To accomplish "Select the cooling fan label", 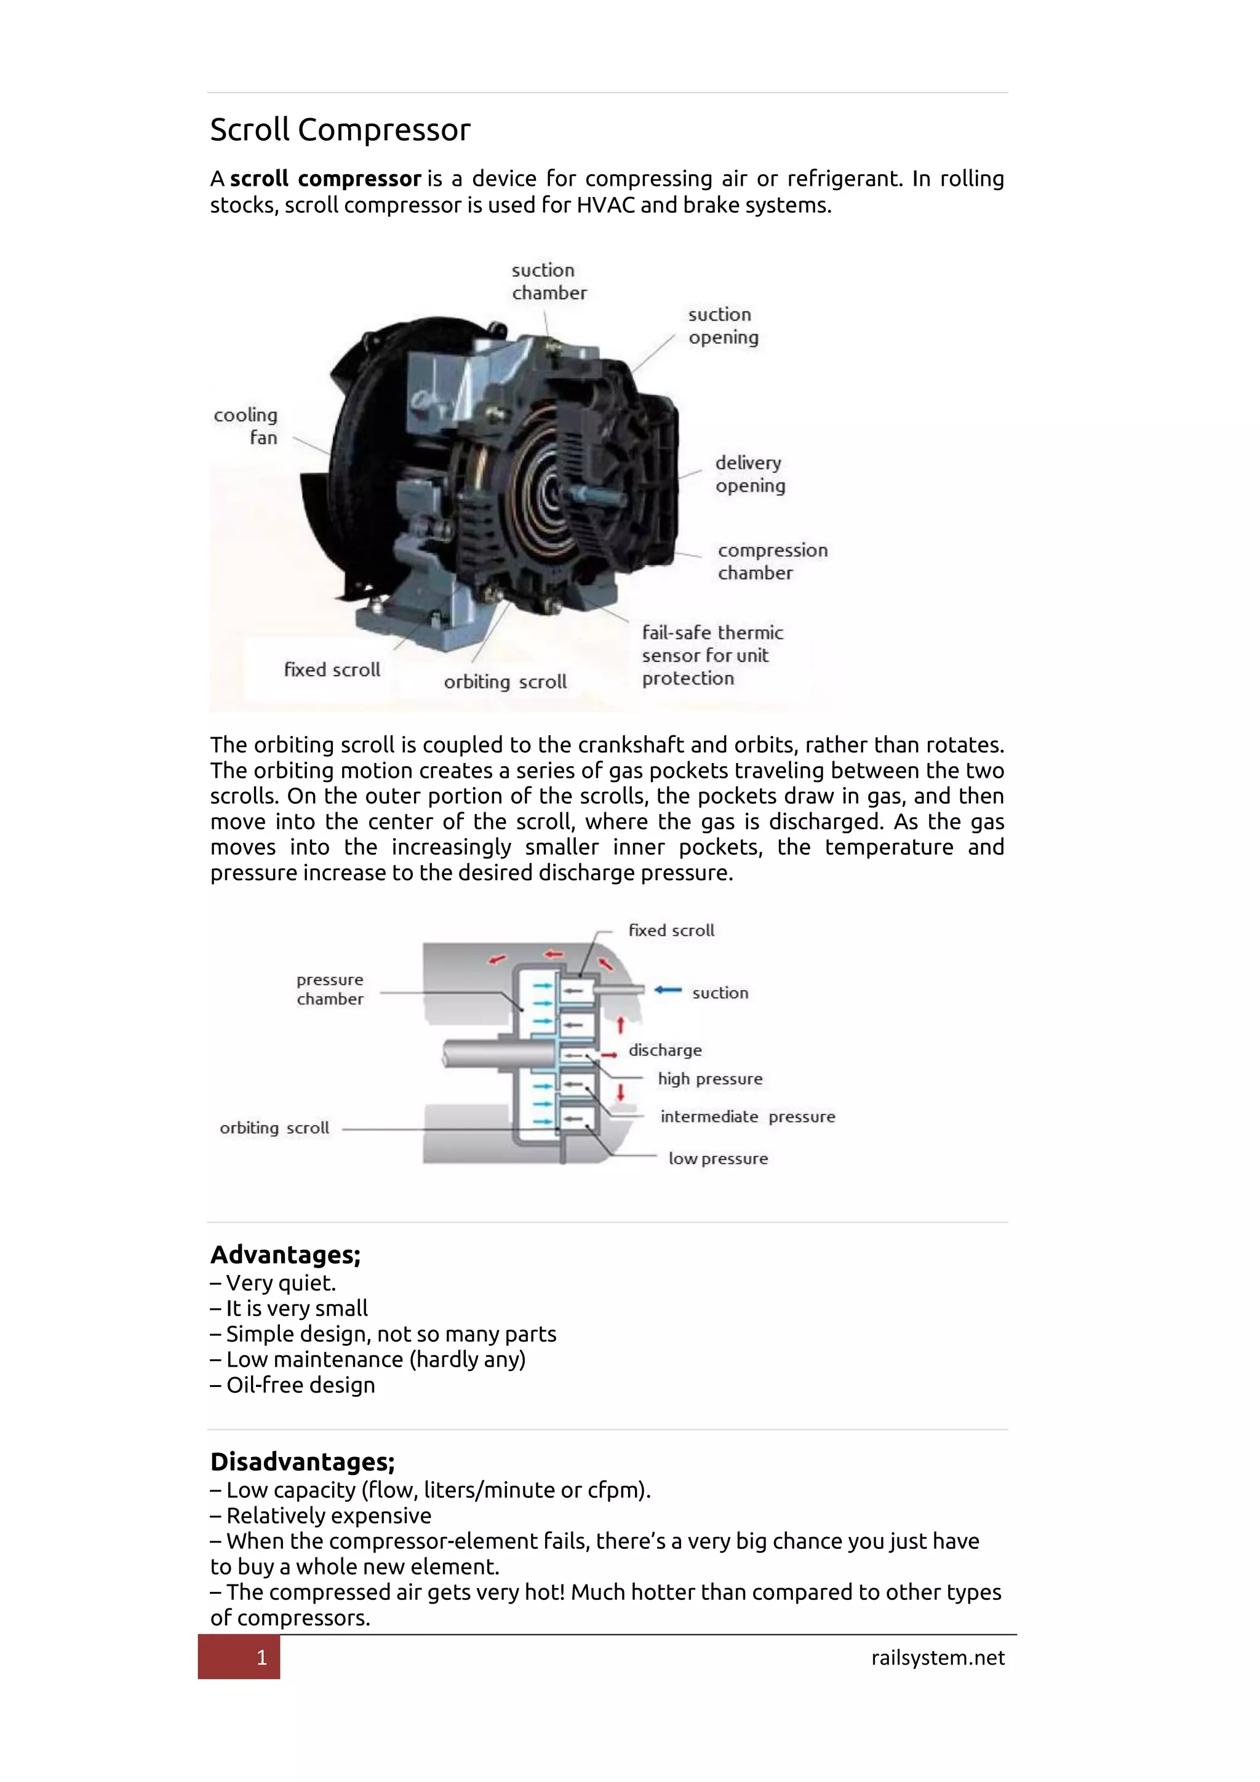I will pyautogui.click(x=247, y=426).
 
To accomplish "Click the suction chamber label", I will pyautogui.click(x=549, y=282).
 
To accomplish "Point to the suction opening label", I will pyautogui.click(x=722, y=326).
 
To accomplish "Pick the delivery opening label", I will pyautogui.click(x=749, y=474).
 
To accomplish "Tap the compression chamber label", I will pyautogui.click(x=772, y=561).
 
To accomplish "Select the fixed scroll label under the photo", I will pyautogui.click(x=332, y=670).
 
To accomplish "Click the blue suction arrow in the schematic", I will pyautogui.click(x=668, y=989).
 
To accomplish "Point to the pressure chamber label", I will pyautogui.click(x=330, y=989).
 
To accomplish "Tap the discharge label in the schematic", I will pyautogui.click(x=665, y=1050).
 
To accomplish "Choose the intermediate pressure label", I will pyautogui.click(x=747, y=1117).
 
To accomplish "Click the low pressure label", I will pyautogui.click(x=718, y=1159).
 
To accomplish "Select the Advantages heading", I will pyautogui.click(x=285, y=1255).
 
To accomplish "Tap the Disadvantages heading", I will pyautogui.click(x=303, y=1462).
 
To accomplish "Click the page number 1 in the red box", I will pyautogui.click(x=261, y=1658).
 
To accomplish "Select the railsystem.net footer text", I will pyautogui.click(x=937, y=1658).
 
